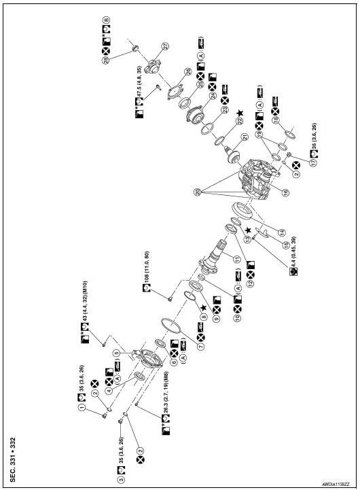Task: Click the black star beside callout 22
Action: coord(238,111)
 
